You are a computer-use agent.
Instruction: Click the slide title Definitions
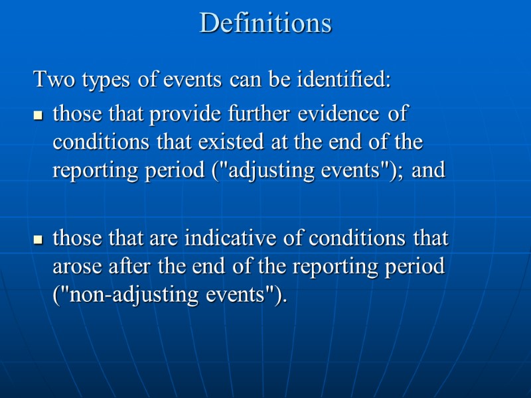click(x=265, y=23)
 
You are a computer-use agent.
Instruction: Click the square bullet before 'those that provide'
click(x=38, y=115)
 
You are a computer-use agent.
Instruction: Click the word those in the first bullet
click(x=75, y=114)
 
